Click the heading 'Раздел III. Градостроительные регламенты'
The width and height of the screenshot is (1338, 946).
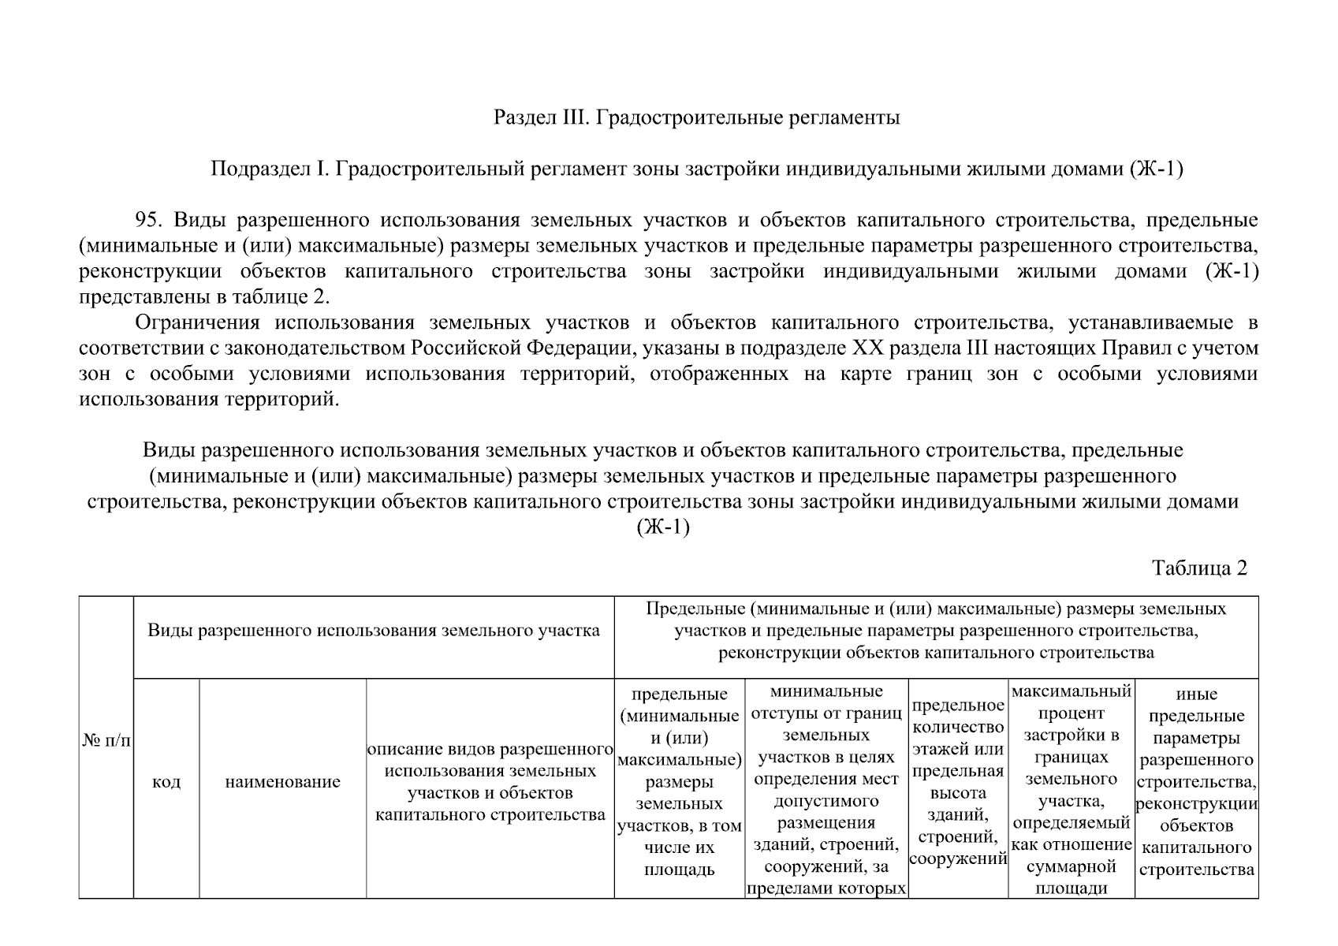point(696,118)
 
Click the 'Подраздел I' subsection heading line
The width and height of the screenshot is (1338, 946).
point(696,169)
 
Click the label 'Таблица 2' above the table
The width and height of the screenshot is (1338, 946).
point(1199,568)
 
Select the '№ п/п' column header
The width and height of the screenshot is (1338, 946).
point(106,740)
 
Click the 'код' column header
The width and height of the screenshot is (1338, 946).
point(166,782)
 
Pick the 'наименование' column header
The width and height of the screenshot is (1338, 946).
point(282,782)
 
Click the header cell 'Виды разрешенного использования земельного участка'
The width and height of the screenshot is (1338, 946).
point(374,631)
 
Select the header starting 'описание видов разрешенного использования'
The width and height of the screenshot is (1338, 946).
point(490,781)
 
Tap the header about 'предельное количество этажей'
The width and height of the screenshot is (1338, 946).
point(958,781)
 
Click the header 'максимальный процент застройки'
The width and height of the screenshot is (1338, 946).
point(1071,789)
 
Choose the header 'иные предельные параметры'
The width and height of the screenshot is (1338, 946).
point(1196,781)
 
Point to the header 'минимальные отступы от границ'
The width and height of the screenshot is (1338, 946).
point(826,789)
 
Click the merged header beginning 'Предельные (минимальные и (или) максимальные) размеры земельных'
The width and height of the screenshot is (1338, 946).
point(936,631)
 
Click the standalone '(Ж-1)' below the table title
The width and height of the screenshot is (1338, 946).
point(662,527)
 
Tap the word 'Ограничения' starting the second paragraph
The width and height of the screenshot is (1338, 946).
point(197,323)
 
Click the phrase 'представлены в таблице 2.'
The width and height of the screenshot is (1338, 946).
point(204,297)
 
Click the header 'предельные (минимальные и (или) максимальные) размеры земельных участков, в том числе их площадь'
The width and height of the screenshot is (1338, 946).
point(679,781)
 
